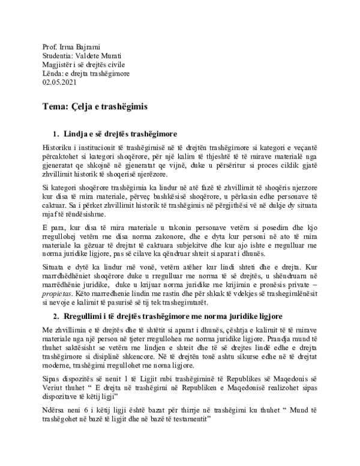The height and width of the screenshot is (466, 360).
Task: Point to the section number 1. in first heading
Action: (58, 133)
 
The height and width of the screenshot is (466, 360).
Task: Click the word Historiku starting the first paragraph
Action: (58, 146)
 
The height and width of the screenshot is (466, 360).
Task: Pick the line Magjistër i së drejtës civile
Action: (84, 65)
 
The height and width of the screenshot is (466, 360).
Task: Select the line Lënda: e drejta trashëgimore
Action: (86, 74)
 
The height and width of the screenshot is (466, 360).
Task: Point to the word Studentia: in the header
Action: (62, 56)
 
